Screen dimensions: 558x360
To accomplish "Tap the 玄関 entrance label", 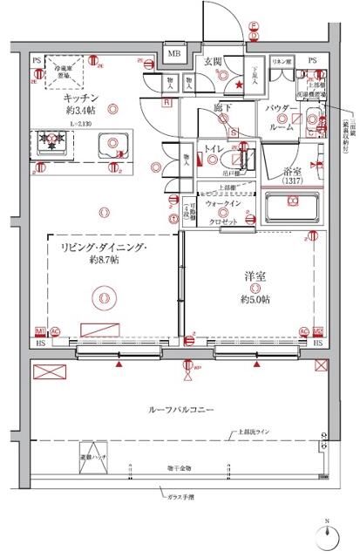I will point(213,61).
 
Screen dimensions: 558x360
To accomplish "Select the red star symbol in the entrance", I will point(240,84).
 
